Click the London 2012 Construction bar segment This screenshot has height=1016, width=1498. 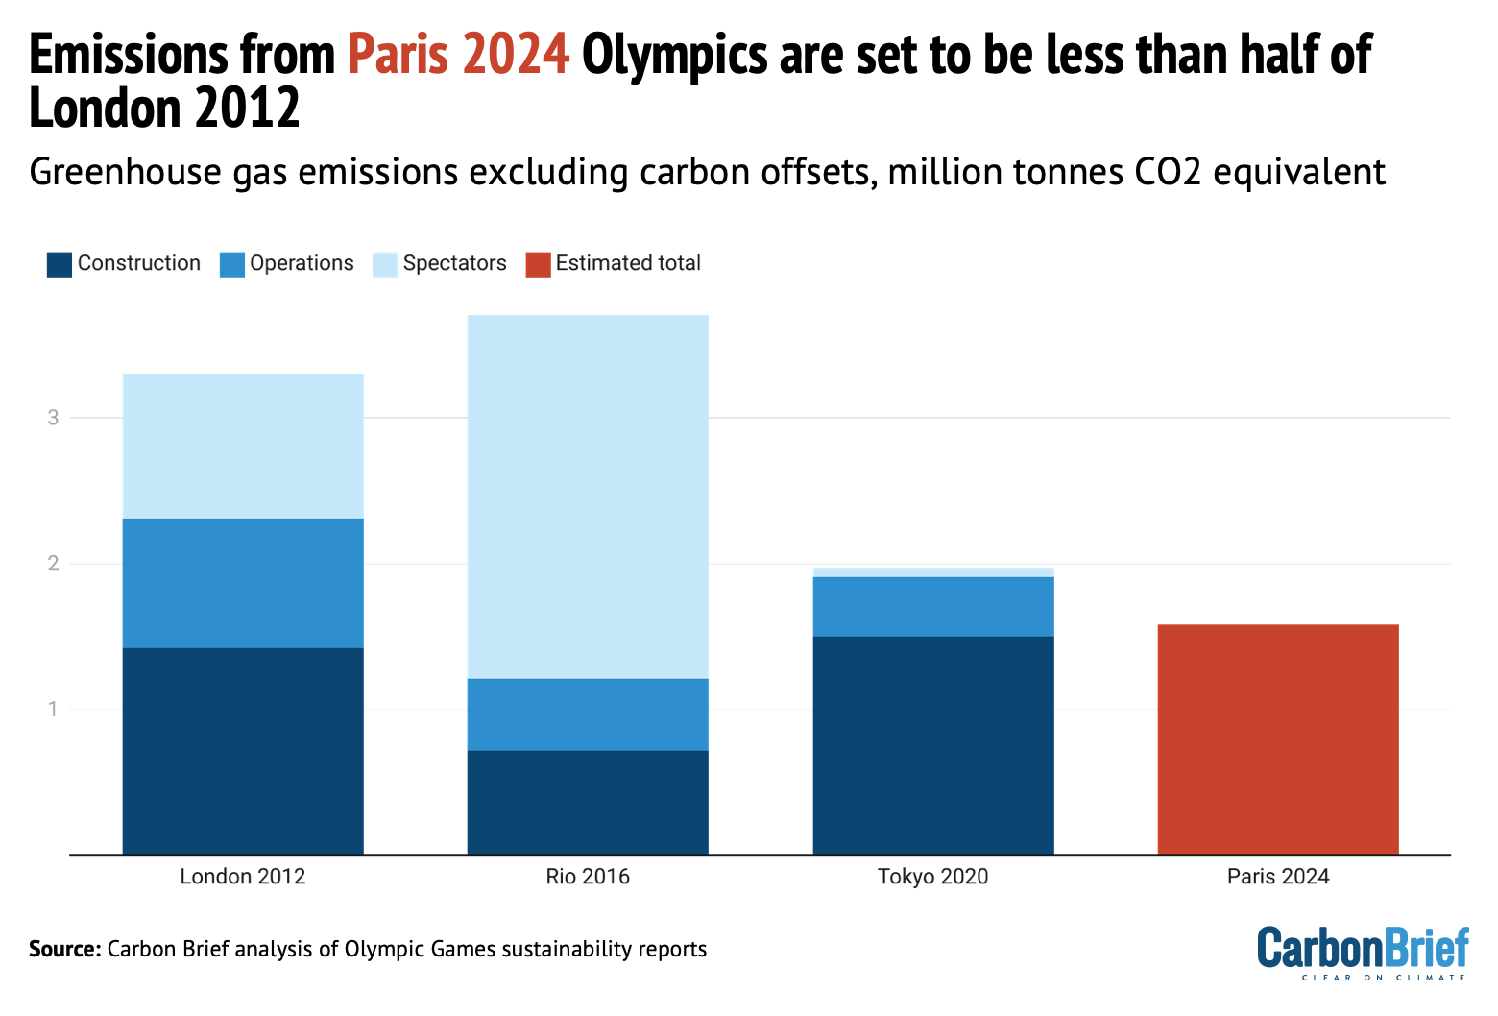(x=243, y=750)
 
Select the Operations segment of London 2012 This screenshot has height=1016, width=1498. (x=243, y=583)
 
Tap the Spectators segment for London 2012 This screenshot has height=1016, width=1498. (x=243, y=446)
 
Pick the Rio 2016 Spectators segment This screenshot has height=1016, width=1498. (x=588, y=496)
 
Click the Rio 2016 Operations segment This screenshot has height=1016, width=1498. (x=588, y=714)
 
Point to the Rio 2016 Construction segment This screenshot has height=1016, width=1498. (x=588, y=802)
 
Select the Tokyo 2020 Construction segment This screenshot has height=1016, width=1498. (x=932, y=744)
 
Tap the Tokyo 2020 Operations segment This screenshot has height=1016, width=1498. (x=932, y=606)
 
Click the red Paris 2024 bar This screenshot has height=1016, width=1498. (x=1278, y=738)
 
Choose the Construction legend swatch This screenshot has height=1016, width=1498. (x=60, y=264)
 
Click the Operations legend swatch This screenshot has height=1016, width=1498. (x=232, y=264)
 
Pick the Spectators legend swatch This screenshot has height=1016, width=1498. (x=385, y=264)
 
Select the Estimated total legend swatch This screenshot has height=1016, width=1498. (x=539, y=264)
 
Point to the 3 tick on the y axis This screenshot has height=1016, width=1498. (x=54, y=418)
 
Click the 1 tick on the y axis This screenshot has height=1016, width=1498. (x=54, y=710)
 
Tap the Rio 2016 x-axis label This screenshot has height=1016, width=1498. (x=588, y=877)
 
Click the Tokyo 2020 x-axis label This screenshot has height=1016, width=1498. (x=932, y=877)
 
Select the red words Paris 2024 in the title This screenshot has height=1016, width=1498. (x=459, y=55)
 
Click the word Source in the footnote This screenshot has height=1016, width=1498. (x=63, y=950)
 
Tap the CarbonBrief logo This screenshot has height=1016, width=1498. (x=1363, y=951)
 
